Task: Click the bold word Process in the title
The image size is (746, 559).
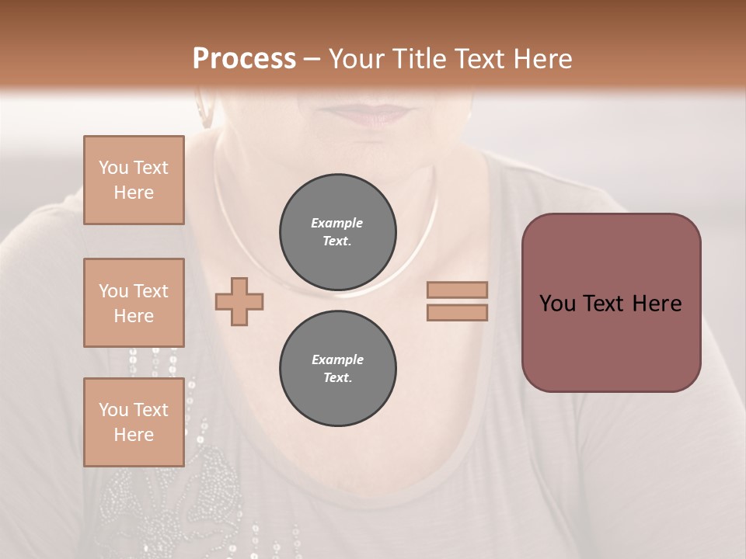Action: (x=244, y=58)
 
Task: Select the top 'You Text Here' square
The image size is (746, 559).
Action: (x=134, y=180)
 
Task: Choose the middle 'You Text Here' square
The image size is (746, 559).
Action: (x=134, y=303)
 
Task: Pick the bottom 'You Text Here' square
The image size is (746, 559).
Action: (x=134, y=422)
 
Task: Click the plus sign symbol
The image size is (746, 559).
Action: (x=239, y=301)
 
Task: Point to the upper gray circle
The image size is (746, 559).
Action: (x=337, y=232)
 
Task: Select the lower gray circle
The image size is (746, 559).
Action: (x=337, y=369)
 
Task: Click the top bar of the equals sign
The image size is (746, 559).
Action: (x=457, y=290)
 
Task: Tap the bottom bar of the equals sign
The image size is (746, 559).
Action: (x=457, y=312)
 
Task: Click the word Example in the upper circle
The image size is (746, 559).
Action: (x=337, y=223)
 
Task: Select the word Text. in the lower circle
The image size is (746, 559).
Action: (x=337, y=378)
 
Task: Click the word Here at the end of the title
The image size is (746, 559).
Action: (x=541, y=58)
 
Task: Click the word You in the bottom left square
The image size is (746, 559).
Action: (x=113, y=410)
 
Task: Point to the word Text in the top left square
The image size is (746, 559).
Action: (x=150, y=168)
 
